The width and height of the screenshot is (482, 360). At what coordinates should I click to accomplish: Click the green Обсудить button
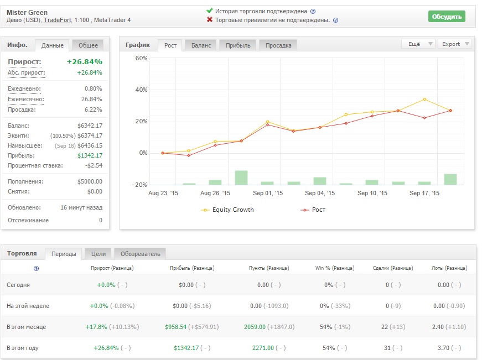coord(447,17)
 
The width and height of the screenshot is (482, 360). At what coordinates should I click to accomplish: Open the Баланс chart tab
coord(201,45)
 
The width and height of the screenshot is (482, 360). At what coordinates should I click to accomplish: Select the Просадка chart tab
coord(278,45)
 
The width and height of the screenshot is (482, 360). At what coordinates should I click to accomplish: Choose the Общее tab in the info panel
coord(88,45)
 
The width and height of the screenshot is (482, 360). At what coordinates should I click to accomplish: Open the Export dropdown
coord(455,44)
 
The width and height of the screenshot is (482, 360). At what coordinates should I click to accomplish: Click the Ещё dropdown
coord(419,44)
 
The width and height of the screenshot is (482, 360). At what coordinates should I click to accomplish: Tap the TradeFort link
coord(57,20)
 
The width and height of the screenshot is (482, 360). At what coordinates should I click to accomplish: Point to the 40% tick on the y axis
coord(142,90)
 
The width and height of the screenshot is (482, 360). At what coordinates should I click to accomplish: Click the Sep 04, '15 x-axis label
coord(320,193)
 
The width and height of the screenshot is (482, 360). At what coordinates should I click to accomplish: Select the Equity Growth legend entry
coord(227,210)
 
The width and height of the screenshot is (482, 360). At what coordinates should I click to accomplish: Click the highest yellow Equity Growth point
coord(424,99)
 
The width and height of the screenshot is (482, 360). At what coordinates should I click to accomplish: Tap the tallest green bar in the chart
coord(241,178)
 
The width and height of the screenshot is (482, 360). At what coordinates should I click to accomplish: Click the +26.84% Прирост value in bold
coord(85,62)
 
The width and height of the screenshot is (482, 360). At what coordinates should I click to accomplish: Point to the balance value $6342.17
coord(90,126)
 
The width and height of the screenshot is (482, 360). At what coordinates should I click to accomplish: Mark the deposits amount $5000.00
coord(90,181)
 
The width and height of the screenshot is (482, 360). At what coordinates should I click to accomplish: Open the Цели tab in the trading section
coord(99,254)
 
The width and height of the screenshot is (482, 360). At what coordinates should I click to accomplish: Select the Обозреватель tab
coord(140,254)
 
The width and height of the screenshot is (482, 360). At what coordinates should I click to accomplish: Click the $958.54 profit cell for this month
coord(175,327)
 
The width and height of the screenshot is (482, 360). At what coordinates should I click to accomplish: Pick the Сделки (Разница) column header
coord(393,268)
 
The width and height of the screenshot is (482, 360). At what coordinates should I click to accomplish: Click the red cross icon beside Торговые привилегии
coord(210,20)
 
